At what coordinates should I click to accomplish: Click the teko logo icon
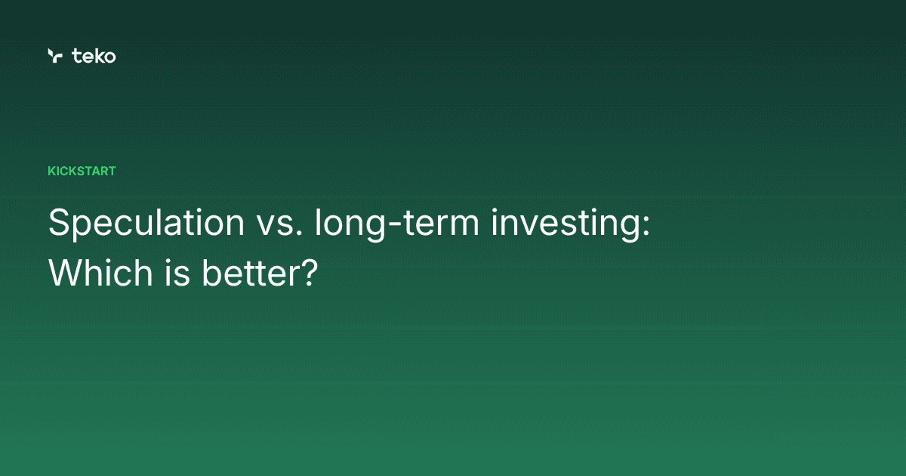[54, 55]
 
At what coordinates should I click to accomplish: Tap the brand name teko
[94, 55]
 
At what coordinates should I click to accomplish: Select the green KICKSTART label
[82, 171]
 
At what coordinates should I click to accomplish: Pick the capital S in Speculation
[57, 224]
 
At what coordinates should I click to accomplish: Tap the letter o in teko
[109, 57]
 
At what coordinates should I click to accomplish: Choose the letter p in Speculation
[78, 228]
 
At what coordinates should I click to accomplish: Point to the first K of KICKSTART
[51, 171]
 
